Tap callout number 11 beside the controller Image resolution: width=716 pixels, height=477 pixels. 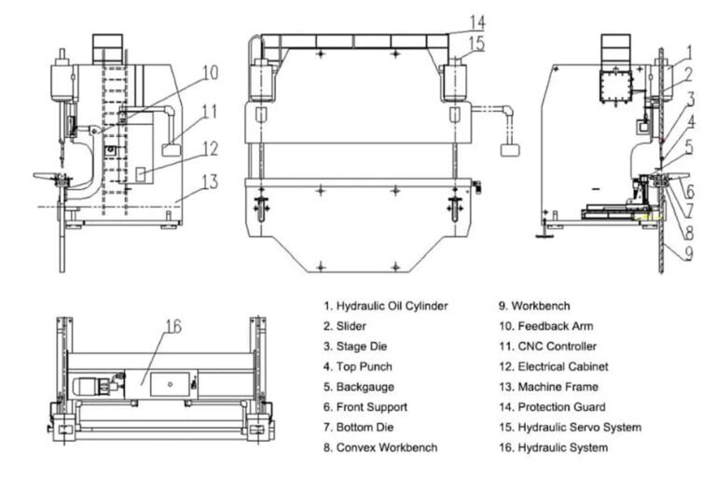[x=209, y=111]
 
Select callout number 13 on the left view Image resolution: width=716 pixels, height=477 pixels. [x=211, y=181]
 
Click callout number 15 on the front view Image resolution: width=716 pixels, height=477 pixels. [x=477, y=43]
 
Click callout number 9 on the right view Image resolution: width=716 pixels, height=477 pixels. [x=687, y=252]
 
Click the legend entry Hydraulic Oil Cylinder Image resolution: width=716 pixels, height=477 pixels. [x=386, y=306]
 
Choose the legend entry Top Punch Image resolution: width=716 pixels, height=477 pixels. [x=358, y=366]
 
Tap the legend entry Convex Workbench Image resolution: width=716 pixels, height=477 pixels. [x=380, y=448]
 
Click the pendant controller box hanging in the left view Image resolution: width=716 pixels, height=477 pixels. [x=171, y=150]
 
